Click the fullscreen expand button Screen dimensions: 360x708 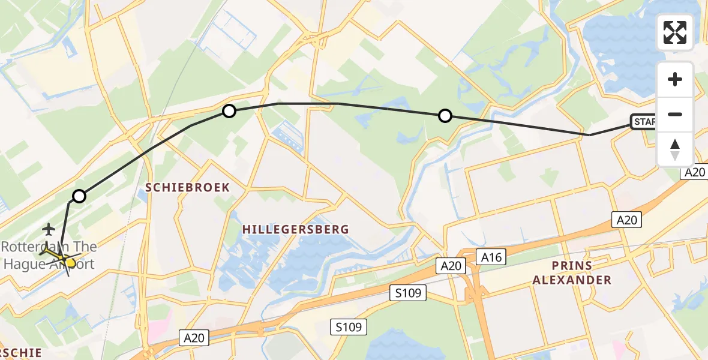[x=675, y=32]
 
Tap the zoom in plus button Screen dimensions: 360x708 [x=675, y=79]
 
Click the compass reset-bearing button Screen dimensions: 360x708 [x=675, y=149]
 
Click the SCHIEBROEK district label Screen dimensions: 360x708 [x=188, y=187]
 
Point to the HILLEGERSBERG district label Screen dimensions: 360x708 [x=296, y=229]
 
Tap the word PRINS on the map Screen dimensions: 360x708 [x=572, y=265]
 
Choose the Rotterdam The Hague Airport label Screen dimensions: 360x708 [x=49, y=255]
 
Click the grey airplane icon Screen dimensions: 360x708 [x=49, y=229]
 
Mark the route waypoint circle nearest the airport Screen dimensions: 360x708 [x=79, y=196]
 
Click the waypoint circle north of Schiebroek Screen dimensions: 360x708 [x=229, y=110]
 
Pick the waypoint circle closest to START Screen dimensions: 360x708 [x=445, y=116]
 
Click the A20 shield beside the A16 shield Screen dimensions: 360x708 [x=450, y=265]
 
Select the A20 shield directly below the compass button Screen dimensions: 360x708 [x=695, y=172]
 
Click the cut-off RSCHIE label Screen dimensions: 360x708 [x=21, y=353]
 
